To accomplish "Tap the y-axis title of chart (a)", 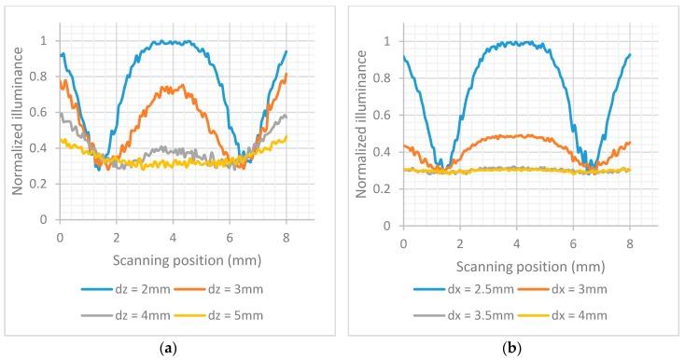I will [x=18, y=130].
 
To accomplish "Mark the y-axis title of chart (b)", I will [x=361, y=130].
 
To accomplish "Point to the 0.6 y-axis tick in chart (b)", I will [x=384, y=113].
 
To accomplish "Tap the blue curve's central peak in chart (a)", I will [x=173, y=42].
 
